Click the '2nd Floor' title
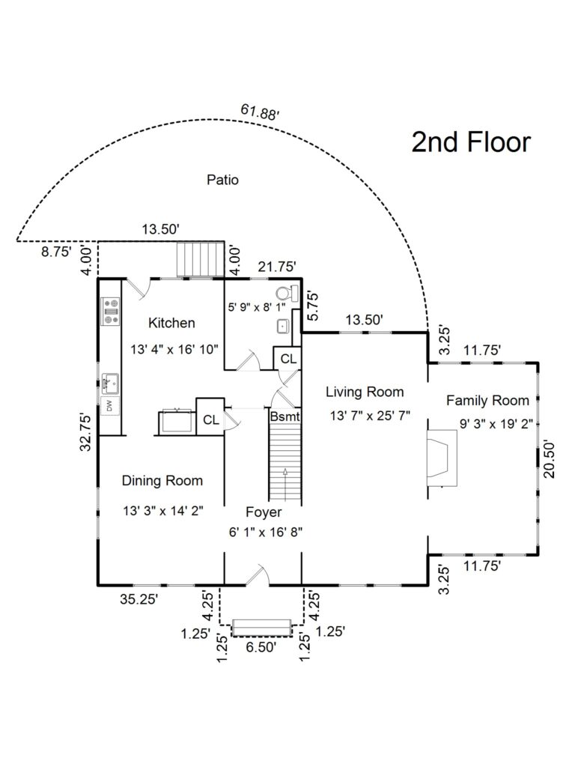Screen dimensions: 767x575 [471, 142]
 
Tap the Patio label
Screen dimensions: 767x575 [222, 180]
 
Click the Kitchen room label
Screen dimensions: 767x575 [171, 323]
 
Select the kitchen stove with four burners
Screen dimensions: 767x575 [111, 310]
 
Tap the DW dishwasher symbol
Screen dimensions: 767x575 [109, 406]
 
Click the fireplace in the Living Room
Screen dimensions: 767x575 [440, 459]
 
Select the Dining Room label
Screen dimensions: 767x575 [162, 480]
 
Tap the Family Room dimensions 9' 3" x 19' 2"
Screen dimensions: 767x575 [496, 424]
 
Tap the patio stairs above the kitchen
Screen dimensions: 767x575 [200, 259]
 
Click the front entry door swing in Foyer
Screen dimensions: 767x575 [259, 574]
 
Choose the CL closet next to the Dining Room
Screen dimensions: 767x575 [210, 420]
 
